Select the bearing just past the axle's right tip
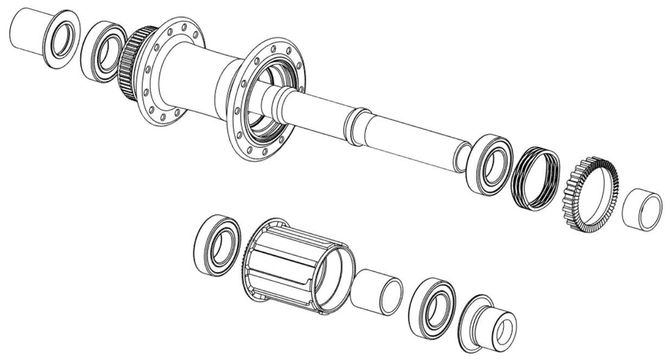(489, 165)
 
